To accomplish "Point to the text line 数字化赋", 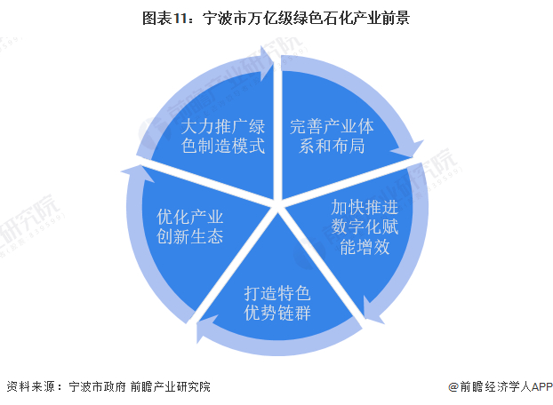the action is [x=365, y=227].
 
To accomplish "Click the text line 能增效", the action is [x=365, y=247].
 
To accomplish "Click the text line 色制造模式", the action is [x=222, y=146].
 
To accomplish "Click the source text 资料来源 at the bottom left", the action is [x=30, y=387].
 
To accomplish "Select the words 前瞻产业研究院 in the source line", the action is [x=169, y=387].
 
